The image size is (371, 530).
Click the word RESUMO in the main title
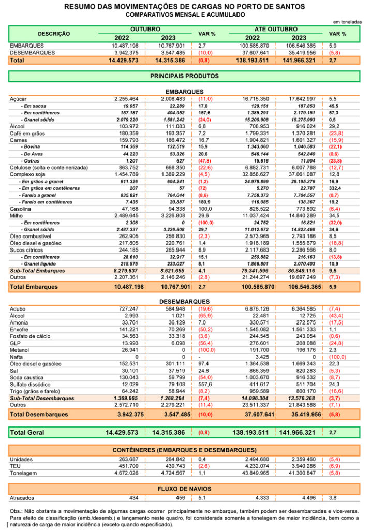(x=78, y=7)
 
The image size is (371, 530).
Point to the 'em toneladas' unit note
(x=347, y=22)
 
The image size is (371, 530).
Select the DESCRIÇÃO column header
(x=54, y=34)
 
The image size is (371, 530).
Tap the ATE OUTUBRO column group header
(x=276, y=29)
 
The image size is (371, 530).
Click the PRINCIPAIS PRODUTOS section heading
(x=184, y=76)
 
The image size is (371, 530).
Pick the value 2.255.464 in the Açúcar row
(x=126, y=99)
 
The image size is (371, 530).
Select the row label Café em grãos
(x=27, y=133)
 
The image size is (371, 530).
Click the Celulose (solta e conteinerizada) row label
(x=49, y=168)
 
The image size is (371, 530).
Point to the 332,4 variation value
(x=335, y=188)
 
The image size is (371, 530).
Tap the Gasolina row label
(x=20, y=209)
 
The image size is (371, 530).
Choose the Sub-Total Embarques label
(x=37, y=270)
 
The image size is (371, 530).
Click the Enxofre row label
(x=19, y=330)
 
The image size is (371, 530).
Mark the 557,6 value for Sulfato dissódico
(x=205, y=385)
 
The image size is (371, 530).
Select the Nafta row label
(x=16, y=357)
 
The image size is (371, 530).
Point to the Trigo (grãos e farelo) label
(x=35, y=391)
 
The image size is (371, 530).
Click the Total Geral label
(x=27, y=432)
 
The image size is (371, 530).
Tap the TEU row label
(x=15, y=466)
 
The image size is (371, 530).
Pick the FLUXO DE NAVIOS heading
(x=184, y=489)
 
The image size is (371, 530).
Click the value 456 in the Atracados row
(x=181, y=498)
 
